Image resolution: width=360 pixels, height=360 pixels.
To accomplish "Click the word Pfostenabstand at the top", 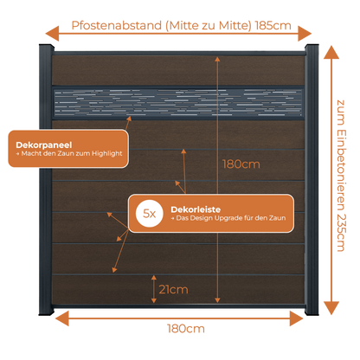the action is (117, 26).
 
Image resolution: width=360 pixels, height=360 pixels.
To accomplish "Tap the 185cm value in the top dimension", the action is (273, 26).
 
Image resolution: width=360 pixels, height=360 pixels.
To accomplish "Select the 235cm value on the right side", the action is (341, 233).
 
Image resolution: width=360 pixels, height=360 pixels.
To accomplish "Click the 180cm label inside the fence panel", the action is (241, 164).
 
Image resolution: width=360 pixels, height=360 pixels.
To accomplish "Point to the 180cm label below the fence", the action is (186, 329).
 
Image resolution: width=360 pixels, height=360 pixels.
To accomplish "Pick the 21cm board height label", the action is (173, 289).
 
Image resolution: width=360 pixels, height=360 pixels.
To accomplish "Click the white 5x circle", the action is (150, 214).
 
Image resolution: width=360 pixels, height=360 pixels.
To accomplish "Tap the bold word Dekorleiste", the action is (196, 209).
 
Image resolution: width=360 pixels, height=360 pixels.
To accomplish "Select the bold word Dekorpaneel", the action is (44, 145).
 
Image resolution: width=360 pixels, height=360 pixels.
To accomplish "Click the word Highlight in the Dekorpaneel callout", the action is (107, 153).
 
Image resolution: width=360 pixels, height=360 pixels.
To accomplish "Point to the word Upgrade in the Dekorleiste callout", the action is (228, 218).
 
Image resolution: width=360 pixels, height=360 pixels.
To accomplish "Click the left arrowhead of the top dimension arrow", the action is (52, 34).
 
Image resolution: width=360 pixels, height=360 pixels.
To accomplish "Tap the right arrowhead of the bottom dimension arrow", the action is (297, 318).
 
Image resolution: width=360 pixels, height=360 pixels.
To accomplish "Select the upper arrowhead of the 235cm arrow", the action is (331, 53).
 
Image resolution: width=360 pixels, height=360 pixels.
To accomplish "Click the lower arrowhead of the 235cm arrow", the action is (331, 308).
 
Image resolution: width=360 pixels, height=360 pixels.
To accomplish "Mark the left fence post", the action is (46, 179).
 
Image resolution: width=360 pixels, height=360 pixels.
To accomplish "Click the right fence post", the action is (312, 179).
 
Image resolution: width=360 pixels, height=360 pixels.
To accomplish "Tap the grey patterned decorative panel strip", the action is (178, 103).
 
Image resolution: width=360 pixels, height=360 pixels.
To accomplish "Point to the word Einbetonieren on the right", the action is (341, 170).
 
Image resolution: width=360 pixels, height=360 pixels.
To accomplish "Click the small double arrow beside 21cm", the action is (154, 289).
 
